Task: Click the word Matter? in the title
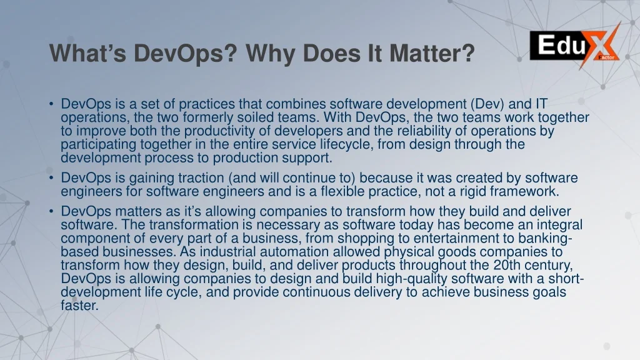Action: [x=432, y=54]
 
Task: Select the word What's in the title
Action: [x=87, y=54]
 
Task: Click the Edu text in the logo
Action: [x=562, y=45]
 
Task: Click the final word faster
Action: [x=79, y=305]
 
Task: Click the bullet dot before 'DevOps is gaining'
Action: [x=51, y=178]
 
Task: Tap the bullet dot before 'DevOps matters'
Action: [x=51, y=211]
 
